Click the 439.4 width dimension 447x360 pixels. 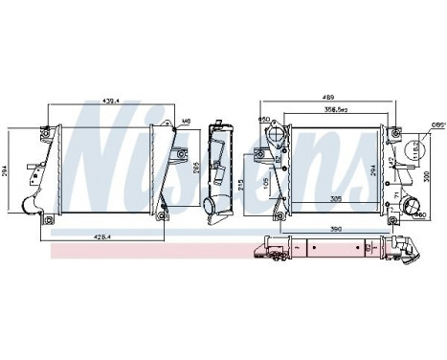(x=114, y=99)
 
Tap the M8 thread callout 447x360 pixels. (x=186, y=122)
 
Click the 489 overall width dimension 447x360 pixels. (x=329, y=98)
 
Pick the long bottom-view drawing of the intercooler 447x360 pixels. (x=325, y=250)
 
